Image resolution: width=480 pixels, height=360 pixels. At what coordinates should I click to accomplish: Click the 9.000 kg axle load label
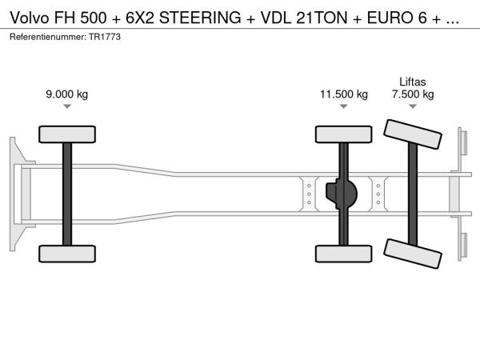click(67, 94)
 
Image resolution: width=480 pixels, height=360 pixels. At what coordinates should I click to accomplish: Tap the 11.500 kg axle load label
click(344, 94)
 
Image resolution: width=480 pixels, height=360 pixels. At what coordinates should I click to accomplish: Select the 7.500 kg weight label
click(413, 94)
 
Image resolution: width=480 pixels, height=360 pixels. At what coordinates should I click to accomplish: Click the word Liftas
click(413, 82)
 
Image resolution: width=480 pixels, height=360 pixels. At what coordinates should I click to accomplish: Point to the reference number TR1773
click(105, 37)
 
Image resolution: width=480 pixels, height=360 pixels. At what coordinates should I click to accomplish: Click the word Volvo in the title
click(30, 18)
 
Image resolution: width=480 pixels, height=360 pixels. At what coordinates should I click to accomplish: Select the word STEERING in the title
click(200, 18)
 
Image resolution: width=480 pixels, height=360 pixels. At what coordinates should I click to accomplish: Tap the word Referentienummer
click(48, 37)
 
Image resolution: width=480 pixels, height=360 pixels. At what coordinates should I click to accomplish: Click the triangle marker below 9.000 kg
click(67, 106)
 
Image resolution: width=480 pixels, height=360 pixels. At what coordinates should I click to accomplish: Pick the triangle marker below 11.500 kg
click(344, 106)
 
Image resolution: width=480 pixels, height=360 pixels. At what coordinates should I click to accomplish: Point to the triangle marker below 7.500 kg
click(413, 106)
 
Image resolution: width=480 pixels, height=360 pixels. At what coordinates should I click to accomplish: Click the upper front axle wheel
click(67, 134)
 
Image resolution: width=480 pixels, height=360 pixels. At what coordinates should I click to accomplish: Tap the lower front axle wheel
click(67, 254)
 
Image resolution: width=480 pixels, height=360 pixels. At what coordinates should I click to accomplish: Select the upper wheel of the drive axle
click(344, 134)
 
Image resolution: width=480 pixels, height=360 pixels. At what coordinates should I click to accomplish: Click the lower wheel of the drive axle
click(344, 254)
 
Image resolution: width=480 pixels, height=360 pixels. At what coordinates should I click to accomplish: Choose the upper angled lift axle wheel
click(413, 134)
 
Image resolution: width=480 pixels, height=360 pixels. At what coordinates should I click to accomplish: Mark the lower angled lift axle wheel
click(413, 254)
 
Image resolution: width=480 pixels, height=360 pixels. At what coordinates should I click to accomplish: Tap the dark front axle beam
click(67, 194)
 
